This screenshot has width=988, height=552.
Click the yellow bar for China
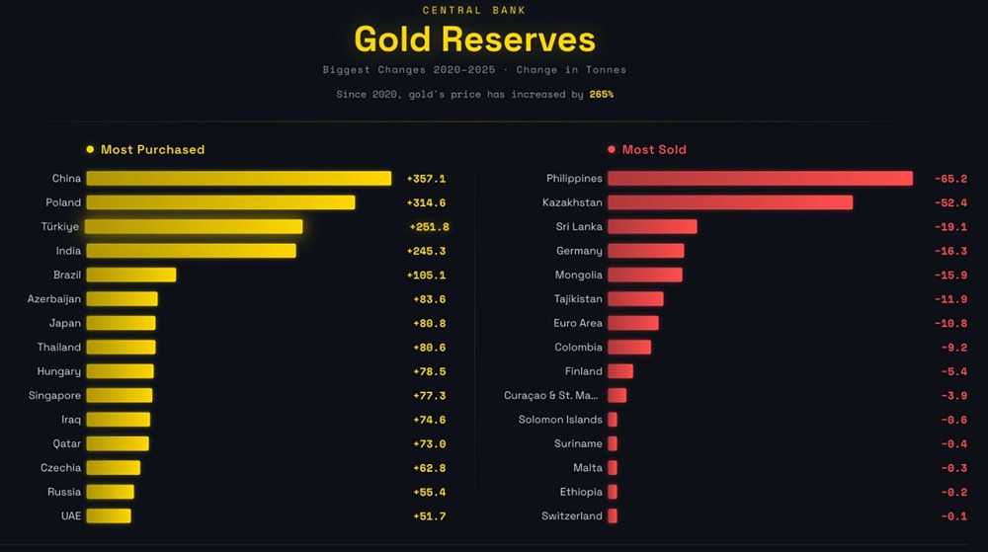(x=238, y=179)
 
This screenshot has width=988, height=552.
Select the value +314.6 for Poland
(x=426, y=202)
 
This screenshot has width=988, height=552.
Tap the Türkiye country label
(x=62, y=226)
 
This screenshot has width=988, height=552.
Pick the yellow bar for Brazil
(x=130, y=275)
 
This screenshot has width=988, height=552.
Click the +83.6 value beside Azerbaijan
(x=429, y=299)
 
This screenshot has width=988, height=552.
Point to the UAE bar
(x=108, y=515)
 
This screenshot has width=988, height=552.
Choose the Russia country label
(x=64, y=492)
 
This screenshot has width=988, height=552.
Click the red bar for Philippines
(x=760, y=179)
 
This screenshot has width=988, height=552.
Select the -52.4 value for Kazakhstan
(x=950, y=202)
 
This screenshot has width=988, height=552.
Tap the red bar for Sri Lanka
(x=652, y=226)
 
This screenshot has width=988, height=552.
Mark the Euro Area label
(x=578, y=323)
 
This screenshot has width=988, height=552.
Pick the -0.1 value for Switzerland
(x=953, y=516)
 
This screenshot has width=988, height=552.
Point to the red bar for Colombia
(x=629, y=348)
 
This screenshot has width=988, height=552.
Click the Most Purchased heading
(x=152, y=150)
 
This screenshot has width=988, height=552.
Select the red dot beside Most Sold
(x=612, y=150)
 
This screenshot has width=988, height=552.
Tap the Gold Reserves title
(x=474, y=39)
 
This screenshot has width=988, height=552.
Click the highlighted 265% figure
(x=601, y=95)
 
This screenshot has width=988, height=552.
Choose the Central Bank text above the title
(x=474, y=10)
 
